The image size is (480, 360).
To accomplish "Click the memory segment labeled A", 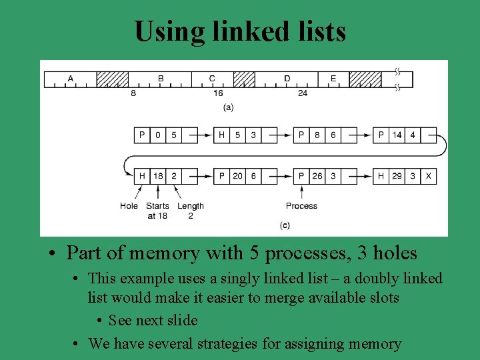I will point(71,79).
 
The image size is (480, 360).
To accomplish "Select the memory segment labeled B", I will point(160,79).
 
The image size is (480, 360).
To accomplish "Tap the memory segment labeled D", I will point(287,79).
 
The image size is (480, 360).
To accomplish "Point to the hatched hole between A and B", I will point(113,79).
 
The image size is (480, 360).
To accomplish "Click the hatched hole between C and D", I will point(244,79).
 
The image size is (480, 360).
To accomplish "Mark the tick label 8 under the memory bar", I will point(133,94).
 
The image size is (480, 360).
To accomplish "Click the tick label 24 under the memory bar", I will point(303,94).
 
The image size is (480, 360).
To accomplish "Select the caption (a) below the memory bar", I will point(228,107).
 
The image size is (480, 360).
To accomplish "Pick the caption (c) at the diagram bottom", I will point(285,226).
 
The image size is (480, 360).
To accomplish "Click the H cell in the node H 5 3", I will point(222,135).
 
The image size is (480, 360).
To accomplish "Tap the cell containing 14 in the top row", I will point(397,135).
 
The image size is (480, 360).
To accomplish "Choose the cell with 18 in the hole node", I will point(158,176).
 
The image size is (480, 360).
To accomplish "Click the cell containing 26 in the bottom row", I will point(317,176).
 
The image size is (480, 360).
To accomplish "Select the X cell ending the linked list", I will point(429,176).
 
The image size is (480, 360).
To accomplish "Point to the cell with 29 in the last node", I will point(397,176).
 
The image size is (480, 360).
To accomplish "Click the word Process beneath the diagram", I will point(301,206).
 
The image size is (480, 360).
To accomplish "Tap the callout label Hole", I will point(129,206).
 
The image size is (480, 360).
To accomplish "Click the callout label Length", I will point(191,206).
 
